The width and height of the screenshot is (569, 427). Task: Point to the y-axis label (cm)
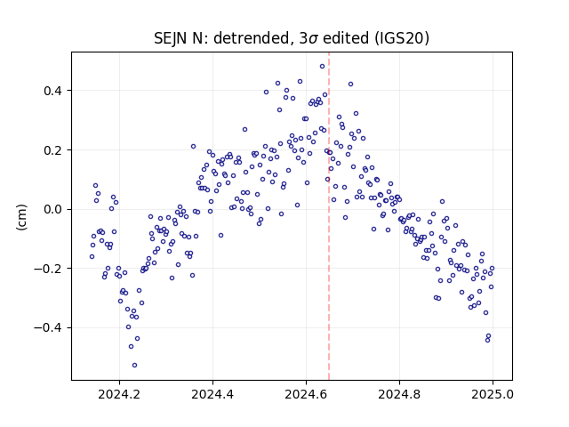21,217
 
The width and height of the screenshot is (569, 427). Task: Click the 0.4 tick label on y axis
52,91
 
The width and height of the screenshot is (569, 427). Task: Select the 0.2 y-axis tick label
52,150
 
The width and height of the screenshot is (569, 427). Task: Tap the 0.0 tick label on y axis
52,210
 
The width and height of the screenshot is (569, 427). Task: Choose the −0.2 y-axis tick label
48,269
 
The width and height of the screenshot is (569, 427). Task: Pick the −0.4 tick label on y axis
48,328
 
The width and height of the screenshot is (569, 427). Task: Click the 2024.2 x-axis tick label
119,394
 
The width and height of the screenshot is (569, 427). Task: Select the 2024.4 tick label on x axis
212,394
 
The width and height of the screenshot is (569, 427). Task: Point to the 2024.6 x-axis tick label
306,394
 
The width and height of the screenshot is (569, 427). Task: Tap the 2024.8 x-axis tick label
399,394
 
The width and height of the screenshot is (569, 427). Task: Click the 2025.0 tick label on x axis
493,394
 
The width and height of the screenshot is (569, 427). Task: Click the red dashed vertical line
329,216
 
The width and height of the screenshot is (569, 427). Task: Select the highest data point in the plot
322,67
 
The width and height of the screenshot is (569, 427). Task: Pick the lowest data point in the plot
134,366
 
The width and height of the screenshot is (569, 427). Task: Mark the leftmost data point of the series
92,257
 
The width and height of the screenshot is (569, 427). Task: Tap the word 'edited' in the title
346,37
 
